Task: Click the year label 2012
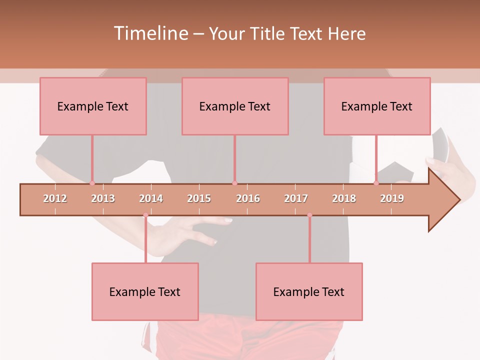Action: click(x=55, y=198)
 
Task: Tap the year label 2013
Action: click(x=103, y=198)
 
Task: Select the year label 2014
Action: click(x=151, y=198)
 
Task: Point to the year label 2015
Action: click(x=199, y=198)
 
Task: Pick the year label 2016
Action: click(x=248, y=198)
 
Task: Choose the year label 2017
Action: click(x=296, y=198)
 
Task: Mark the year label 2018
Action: click(x=344, y=198)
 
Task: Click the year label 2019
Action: click(x=392, y=198)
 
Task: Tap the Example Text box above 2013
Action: click(x=93, y=106)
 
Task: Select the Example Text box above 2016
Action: click(x=235, y=106)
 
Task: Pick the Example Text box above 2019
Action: click(x=377, y=106)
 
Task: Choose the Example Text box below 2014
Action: click(x=145, y=291)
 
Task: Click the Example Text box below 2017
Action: click(x=309, y=291)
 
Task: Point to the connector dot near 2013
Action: click(x=92, y=183)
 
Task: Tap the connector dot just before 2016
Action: click(x=234, y=183)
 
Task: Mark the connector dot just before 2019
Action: click(x=376, y=183)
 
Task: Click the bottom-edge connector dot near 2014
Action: click(x=145, y=215)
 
